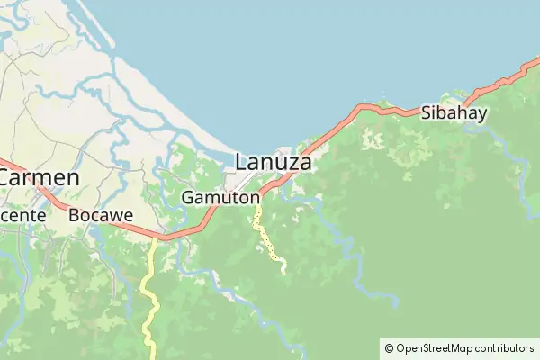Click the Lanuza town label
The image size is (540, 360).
pos(274,163)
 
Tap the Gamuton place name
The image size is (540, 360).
pos(220,197)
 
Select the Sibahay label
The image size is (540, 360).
pos(454,113)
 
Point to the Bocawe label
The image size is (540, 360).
pos(101,216)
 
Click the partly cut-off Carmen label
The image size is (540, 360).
pos(39,178)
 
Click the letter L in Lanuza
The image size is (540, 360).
pos(240,163)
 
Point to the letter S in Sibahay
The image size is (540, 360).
pos(427,113)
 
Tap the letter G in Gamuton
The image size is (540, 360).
pos(187,197)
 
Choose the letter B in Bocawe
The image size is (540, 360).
pos(75,216)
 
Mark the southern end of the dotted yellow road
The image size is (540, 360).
pos(283,271)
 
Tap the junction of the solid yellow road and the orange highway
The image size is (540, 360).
pos(157,238)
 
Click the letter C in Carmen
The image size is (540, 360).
pos(7,178)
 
